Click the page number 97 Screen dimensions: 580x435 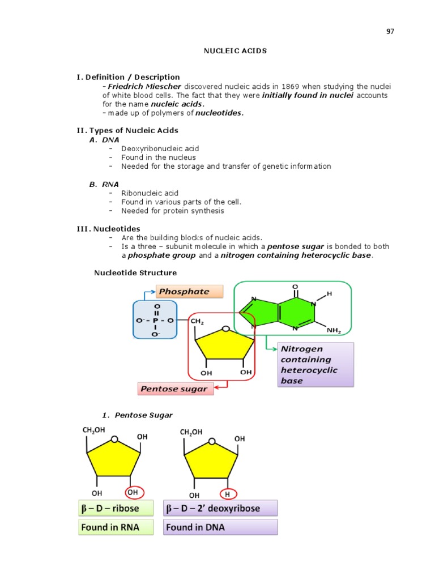pos(390,31)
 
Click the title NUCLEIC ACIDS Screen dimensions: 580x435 pos(235,51)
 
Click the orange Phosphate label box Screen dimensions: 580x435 pos(189,292)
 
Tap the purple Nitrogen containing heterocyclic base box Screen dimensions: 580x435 pos(315,365)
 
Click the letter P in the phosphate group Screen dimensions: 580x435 pos(156,321)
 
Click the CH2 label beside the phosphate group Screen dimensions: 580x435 pos(197,322)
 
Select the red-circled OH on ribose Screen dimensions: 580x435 pos(133,492)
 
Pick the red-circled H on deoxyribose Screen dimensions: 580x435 pos(228,494)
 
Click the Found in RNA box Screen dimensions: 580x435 pos(117,527)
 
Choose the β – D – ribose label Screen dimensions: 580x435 pos(117,508)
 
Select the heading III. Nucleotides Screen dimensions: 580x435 pos(109,228)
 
